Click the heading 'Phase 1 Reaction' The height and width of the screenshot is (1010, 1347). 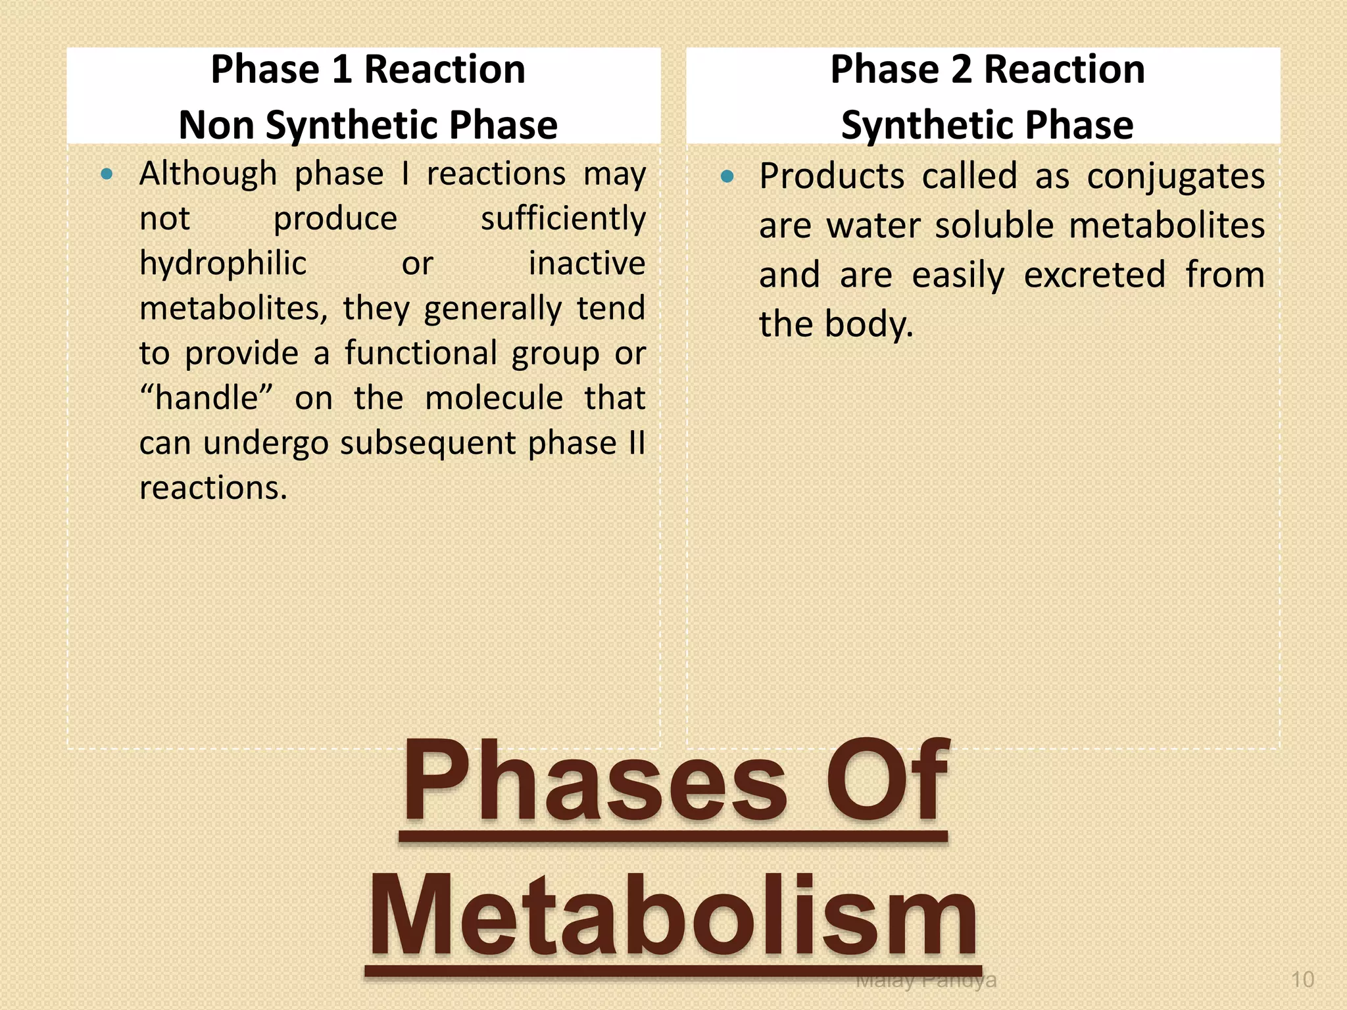pos(368,70)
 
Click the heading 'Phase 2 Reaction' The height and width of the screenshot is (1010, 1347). pos(987,70)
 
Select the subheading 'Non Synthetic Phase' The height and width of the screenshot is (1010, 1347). pos(368,125)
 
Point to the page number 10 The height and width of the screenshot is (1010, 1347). pos(1302,980)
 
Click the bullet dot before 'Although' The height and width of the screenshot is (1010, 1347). pos(107,175)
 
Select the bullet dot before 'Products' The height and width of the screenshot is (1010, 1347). pos(727,176)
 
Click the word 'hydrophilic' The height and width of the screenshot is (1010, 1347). pos(223,264)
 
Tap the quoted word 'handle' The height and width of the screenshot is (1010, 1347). pos(207,398)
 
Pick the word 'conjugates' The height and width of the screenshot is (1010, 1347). pos(1175,177)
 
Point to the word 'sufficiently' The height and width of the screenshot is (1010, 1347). pos(563,219)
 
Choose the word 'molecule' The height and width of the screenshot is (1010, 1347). pos(494,398)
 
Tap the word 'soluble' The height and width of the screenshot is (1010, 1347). pos(994,226)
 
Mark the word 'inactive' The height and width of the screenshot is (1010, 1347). pos(587,264)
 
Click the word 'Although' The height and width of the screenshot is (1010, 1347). pos(208,174)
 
